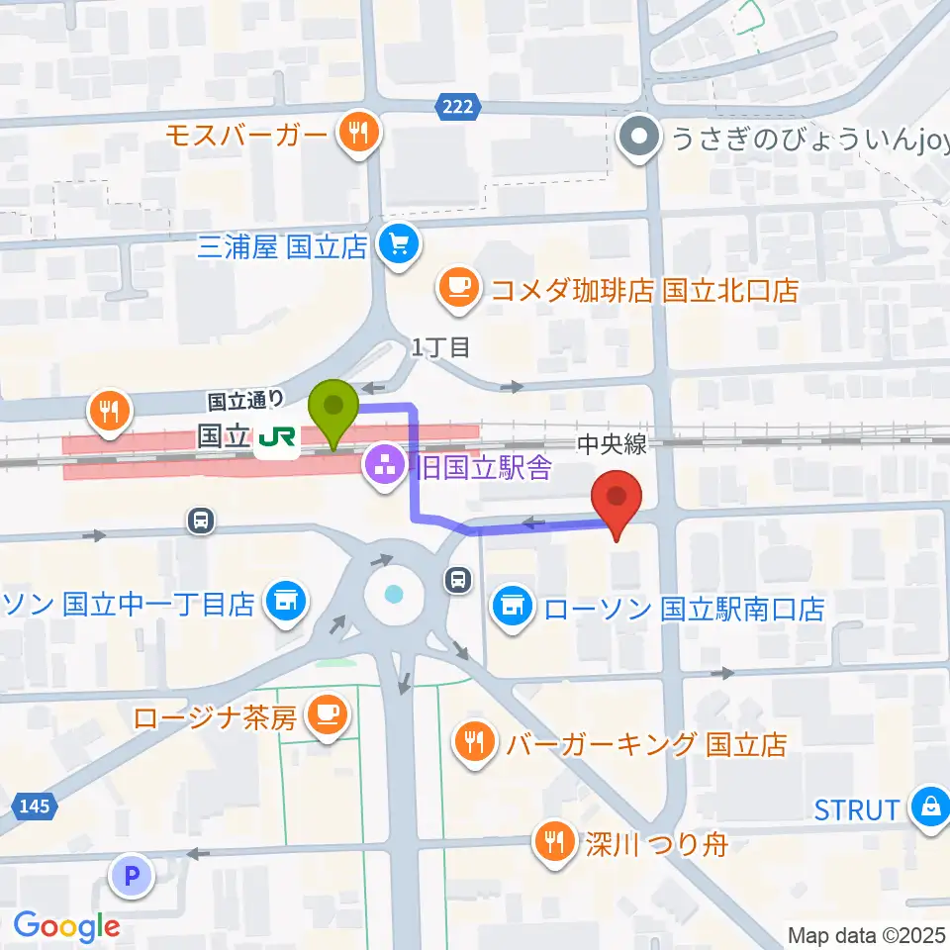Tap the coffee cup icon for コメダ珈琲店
pyautogui.click(x=457, y=289)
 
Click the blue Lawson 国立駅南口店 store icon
pyautogui.click(x=512, y=606)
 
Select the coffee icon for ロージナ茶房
pyautogui.click(x=327, y=716)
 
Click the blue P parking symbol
pyautogui.click(x=133, y=874)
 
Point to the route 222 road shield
pyautogui.click(x=456, y=106)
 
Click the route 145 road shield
pyautogui.click(x=35, y=807)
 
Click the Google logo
pyautogui.click(x=65, y=926)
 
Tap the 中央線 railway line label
pyautogui.click(x=614, y=445)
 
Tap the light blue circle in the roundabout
pyautogui.click(x=395, y=595)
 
